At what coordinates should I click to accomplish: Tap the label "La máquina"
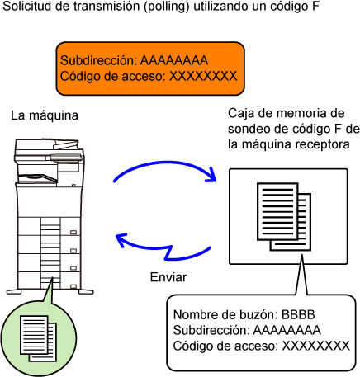click(45, 115)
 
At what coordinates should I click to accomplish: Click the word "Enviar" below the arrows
click(168, 277)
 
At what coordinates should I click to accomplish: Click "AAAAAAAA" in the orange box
click(174, 60)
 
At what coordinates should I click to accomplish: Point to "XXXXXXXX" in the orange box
click(203, 76)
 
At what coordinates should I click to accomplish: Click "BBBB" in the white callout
click(298, 314)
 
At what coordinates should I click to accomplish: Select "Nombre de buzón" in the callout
click(225, 314)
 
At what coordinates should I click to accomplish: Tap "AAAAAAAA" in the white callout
click(287, 330)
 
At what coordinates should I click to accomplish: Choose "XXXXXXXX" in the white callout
click(316, 346)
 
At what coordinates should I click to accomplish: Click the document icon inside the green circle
click(39, 339)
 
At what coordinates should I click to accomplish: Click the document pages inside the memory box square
click(284, 217)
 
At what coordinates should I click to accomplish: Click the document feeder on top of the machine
click(48, 146)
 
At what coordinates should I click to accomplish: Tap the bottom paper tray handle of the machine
click(73, 286)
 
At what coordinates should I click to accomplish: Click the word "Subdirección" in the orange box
click(98, 60)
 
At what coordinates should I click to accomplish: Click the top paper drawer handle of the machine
click(73, 233)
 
